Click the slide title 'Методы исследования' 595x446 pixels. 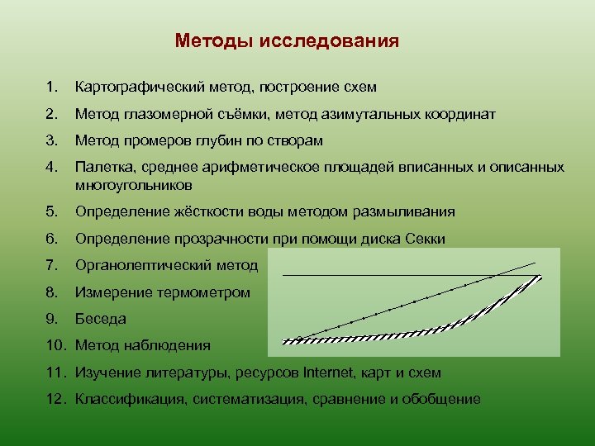click(287, 41)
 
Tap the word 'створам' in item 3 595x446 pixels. click(296, 140)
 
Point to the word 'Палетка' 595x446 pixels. click(100, 167)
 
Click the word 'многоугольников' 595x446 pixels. click(133, 184)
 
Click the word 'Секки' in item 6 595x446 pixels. click(426, 240)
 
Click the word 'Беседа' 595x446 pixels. click(100, 319)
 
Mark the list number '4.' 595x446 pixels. click(52, 167)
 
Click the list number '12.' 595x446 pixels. click(55, 399)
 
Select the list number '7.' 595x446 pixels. click(52, 266)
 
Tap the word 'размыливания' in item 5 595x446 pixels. click(409, 212)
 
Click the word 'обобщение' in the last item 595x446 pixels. click(445, 399)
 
